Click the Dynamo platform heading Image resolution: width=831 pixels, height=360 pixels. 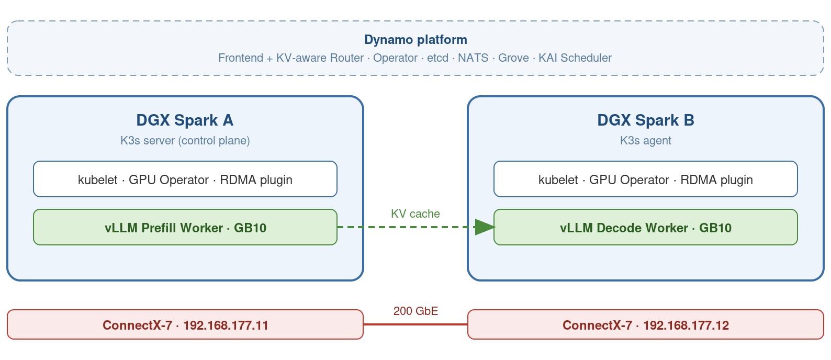[415, 40]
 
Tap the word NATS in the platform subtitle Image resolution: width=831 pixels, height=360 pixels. [473, 58]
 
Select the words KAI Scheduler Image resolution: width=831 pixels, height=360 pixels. [575, 58]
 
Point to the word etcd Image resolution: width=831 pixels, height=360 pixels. [438, 58]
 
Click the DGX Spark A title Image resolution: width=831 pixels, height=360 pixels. [185, 120]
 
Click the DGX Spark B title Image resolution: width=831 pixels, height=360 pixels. [646, 120]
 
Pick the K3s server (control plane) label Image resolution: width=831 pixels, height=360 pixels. [185, 141]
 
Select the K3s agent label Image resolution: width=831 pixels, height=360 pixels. [646, 141]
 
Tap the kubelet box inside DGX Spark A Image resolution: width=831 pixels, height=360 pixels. [185, 179]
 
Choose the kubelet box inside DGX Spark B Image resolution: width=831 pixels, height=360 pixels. [646, 179]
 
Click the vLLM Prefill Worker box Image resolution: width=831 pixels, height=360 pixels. [185, 227]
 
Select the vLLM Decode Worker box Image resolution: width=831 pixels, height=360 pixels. [646, 227]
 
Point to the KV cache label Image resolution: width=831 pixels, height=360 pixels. [415, 214]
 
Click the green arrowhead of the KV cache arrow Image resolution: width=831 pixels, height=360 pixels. [485, 227]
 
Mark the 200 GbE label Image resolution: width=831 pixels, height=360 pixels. [415, 311]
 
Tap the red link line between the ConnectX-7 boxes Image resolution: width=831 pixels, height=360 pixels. [415, 324]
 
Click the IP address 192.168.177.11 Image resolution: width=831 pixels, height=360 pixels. [226, 325]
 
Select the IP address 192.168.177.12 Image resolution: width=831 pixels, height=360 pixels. [686, 325]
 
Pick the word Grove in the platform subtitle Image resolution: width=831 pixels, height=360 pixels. [513, 58]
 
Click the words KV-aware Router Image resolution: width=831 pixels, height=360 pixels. [320, 58]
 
